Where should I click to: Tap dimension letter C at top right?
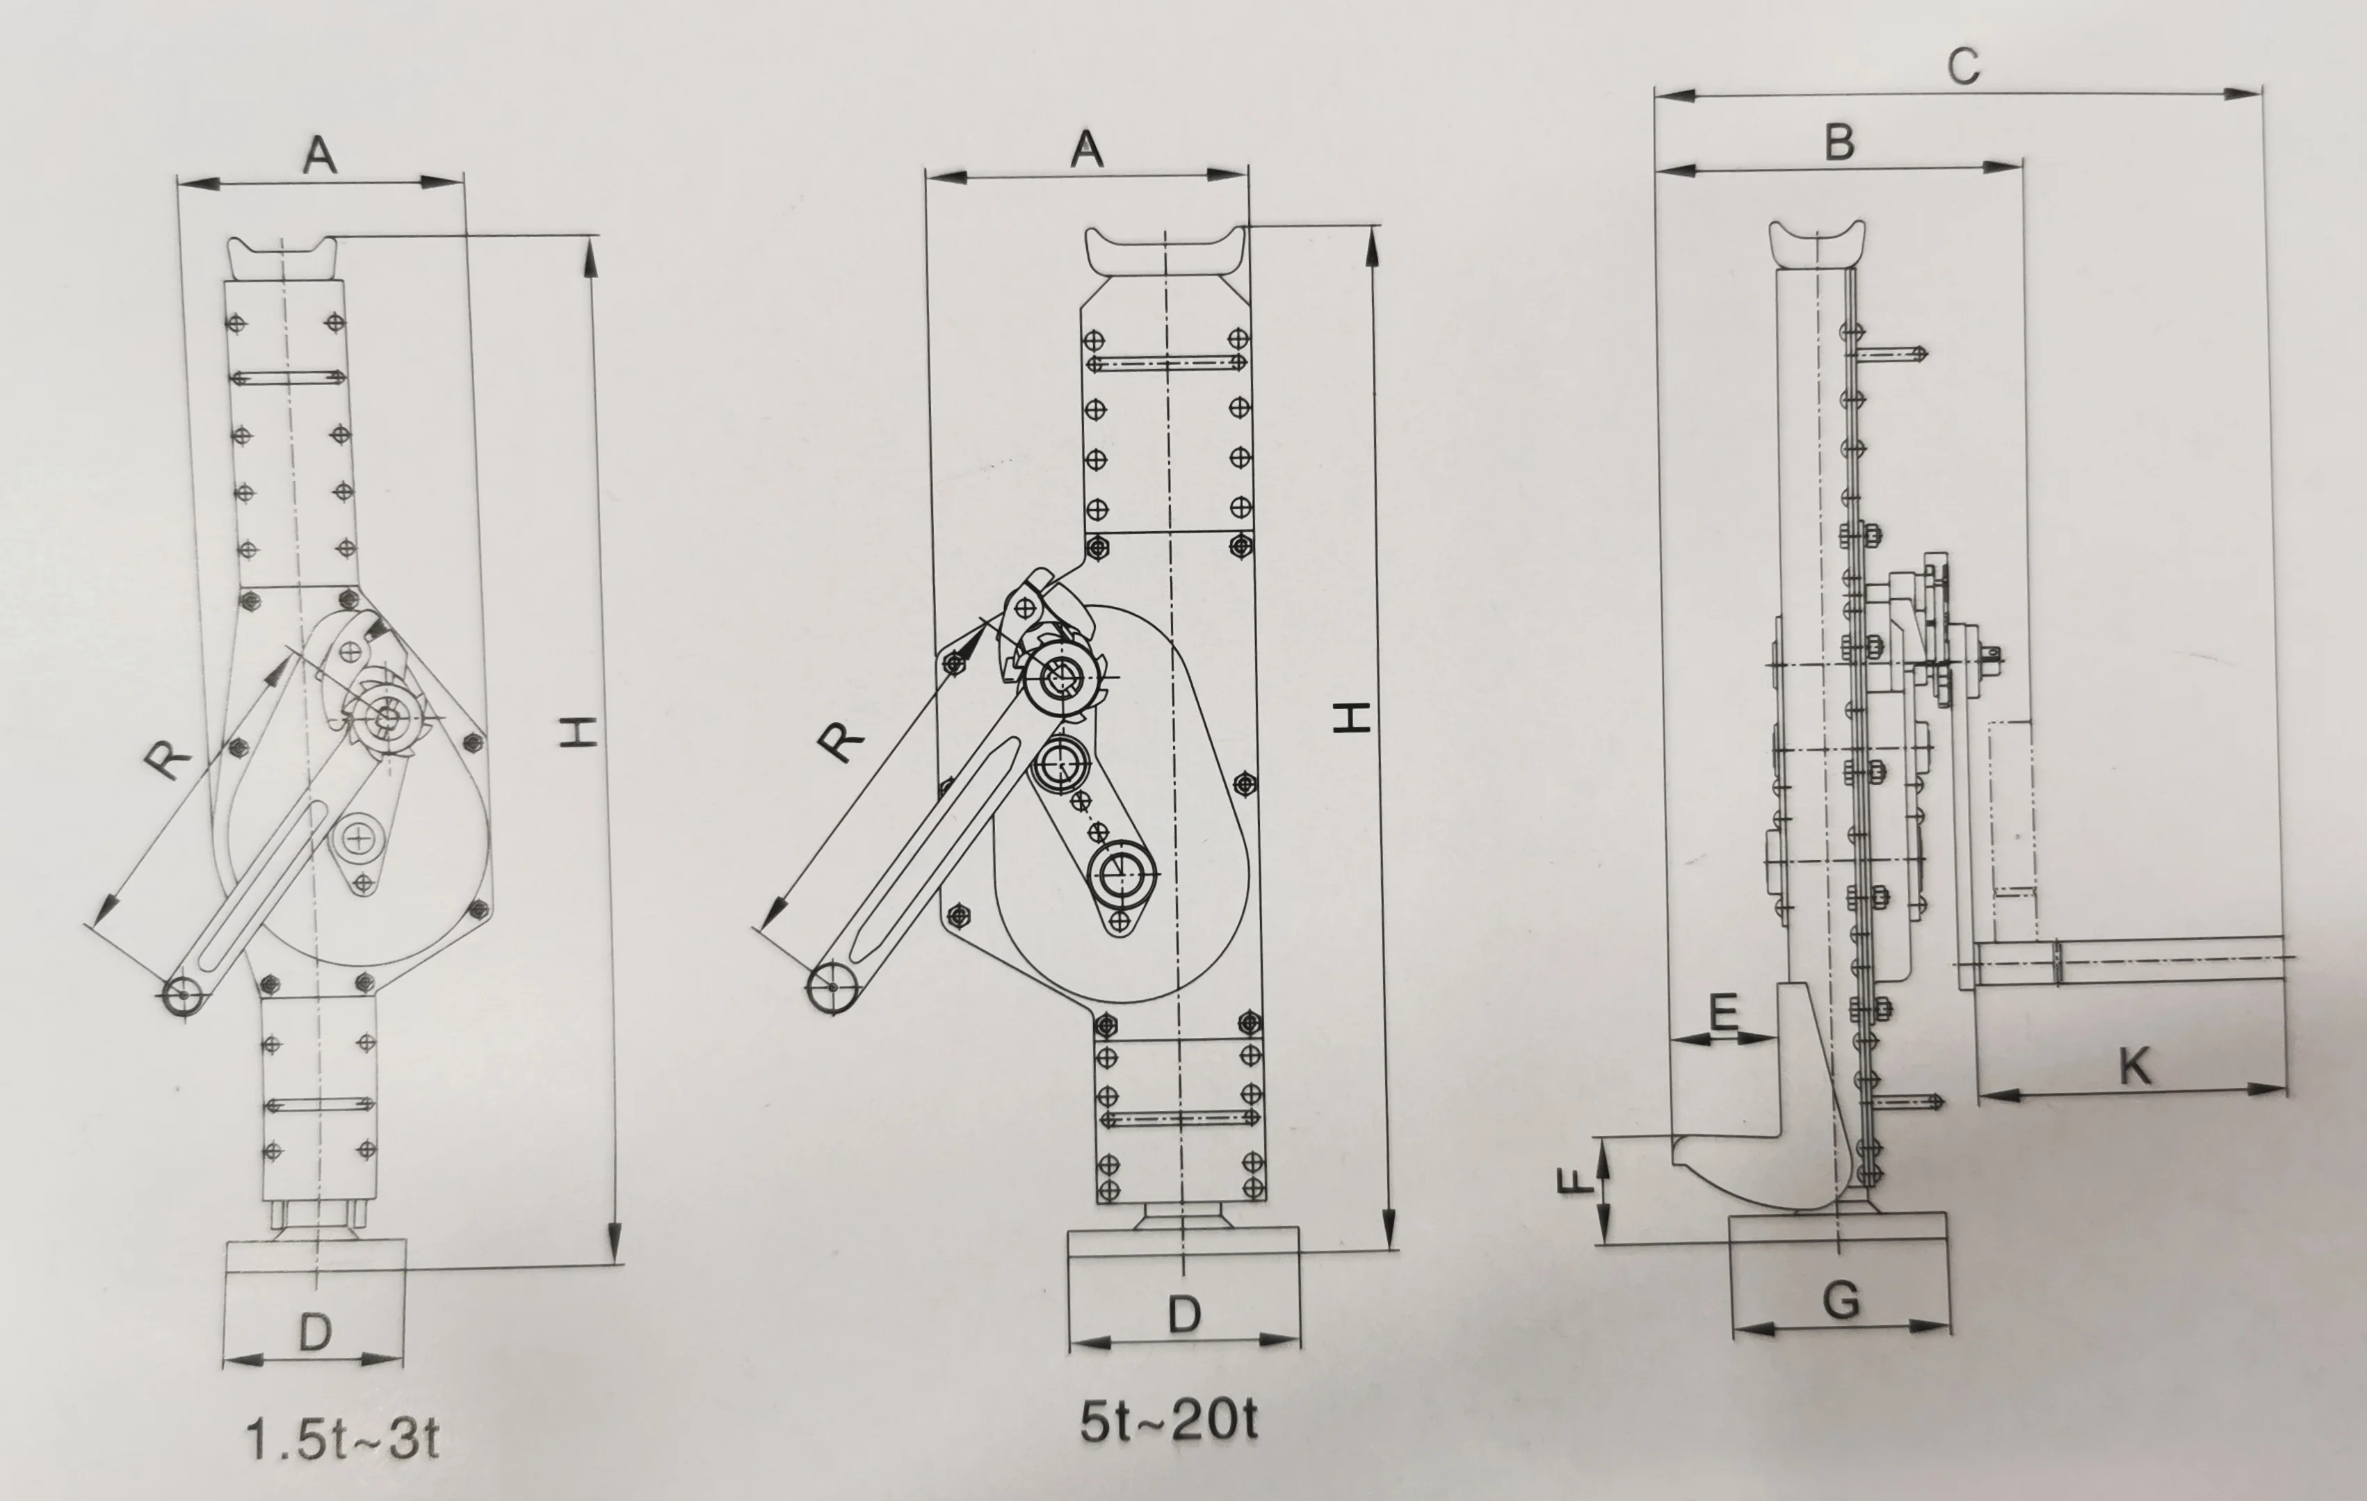1962,67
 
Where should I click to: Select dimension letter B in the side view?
1839,143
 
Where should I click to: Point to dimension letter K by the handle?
2134,1066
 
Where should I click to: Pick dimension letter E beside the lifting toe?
1723,1012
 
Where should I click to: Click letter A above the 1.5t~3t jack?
319,155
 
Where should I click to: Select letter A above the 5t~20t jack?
1086,149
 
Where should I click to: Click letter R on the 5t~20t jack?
841,740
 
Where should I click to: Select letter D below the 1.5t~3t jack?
314,1333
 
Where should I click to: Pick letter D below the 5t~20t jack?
1183,1314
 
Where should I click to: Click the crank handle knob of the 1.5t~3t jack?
183,996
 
